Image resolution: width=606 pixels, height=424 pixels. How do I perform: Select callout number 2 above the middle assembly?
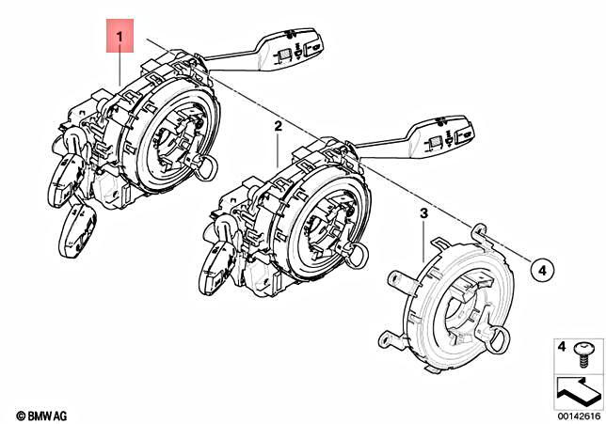(279, 125)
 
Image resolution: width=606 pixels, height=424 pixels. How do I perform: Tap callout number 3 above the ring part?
(423, 214)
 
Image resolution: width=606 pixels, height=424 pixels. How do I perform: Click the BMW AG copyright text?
(42, 415)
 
